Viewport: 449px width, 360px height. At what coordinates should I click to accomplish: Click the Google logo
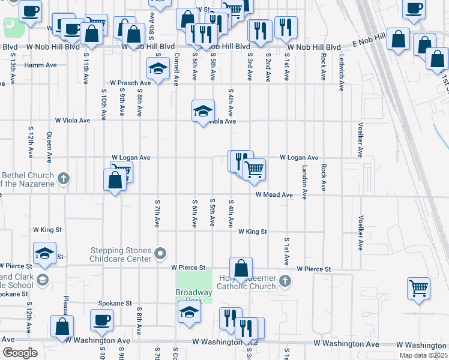[x=20, y=353]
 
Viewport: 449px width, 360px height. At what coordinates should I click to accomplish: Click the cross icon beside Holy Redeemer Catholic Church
[x=285, y=281]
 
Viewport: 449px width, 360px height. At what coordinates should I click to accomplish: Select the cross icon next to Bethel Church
[x=65, y=178]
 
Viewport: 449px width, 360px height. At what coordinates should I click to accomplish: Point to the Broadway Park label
[x=193, y=296]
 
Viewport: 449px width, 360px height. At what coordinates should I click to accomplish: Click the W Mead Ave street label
[x=274, y=195]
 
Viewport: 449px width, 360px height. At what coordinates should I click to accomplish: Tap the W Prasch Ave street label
[x=130, y=83]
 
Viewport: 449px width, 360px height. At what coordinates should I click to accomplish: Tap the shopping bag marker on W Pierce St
[x=241, y=268]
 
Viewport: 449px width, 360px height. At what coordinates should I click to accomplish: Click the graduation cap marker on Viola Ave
[x=203, y=110]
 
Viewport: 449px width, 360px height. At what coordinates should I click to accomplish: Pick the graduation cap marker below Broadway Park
[x=189, y=312]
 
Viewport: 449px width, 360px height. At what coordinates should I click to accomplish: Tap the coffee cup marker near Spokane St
[x=101, y=320]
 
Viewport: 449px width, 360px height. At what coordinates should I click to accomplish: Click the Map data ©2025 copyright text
[x=424, y=355]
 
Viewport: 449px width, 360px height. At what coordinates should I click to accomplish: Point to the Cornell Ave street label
[x=176, y=70]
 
